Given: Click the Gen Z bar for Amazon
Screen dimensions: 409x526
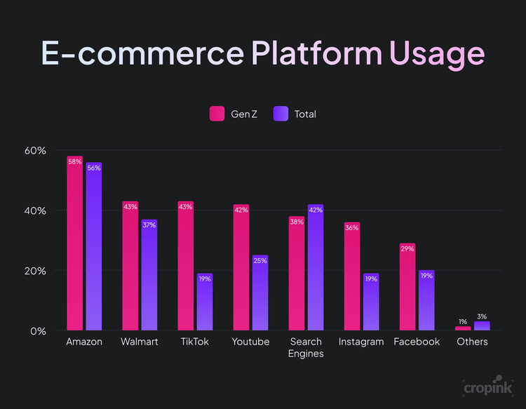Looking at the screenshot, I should [75, 246].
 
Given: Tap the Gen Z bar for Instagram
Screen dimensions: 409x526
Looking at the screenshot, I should [352, 277].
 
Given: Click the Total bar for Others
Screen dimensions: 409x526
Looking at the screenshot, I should [482, 326].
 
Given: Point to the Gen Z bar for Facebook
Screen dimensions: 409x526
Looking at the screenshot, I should [407, 288].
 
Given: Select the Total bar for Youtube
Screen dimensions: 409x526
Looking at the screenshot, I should [260, 293].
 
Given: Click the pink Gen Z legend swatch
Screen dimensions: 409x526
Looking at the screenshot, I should [217, 114].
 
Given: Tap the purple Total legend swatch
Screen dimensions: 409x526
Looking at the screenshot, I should [280, 114].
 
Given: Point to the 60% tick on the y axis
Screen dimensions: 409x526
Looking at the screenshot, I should [36, 151].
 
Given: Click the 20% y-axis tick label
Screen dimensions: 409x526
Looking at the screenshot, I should [36, 271].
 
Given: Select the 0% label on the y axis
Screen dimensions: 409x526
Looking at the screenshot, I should [39, 331].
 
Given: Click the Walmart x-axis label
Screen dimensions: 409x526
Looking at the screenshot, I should [140, 342].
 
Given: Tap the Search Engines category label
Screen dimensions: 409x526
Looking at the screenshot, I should [306, 347].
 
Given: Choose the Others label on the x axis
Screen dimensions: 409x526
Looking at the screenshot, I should [472, 342].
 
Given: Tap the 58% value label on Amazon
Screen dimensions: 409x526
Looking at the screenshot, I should [75, 161].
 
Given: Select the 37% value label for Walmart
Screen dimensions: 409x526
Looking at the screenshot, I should [149, 224].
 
